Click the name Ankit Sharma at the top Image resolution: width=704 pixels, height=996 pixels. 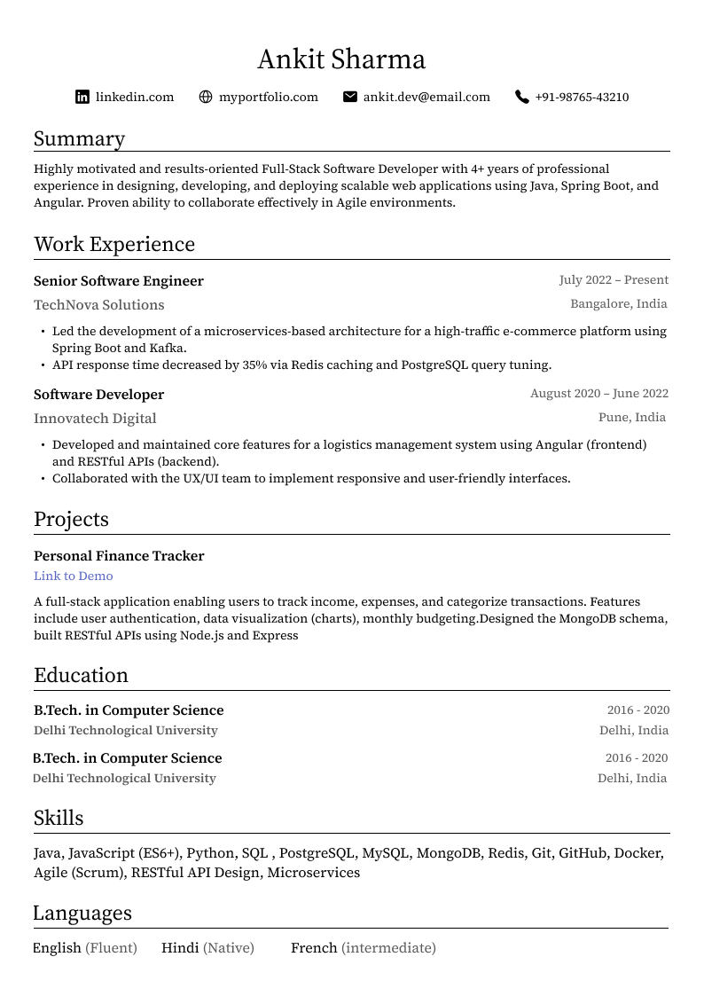pyautogui.click(x=341, y=60)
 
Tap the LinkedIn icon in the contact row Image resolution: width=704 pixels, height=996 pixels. pyautogui.click(x=82, y=97)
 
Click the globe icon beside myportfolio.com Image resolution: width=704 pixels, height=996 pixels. pyautogui.click(x=206, y=97)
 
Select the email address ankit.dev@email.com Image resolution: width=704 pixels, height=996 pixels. pyautogui.click(x=426, y=97)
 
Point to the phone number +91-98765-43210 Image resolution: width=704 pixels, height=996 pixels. pyautogui.click(x=582, y=97)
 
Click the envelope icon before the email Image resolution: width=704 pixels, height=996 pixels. pyautogui.click(x=350, y=97)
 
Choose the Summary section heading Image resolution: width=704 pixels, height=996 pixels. pyautogui.click(x=79, y=139)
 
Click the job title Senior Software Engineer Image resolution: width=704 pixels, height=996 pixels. pyautogui.click(x=119, y=281)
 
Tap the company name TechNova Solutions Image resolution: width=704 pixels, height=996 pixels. pyautogui.click(x=99, y=305)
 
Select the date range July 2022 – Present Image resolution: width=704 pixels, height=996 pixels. pyautogui.click(x=614, y=280)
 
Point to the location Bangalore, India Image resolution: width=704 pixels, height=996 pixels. pyautogui.click(x=619, y=304)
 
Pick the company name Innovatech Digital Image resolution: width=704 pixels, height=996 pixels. pyautogui.click(x=95, y=419)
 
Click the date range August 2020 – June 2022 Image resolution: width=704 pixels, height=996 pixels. pyautogui.click(x=599, y=394)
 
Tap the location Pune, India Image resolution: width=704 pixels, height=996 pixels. pyautogui.click(x=632, y=418)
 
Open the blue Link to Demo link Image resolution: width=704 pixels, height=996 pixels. pyautogui.click(x=74, y=576)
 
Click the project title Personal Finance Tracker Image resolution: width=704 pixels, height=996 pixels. pyautogui.click(x=119, y=556)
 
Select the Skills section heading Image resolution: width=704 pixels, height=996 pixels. pyautogui.click(x=59, y=819)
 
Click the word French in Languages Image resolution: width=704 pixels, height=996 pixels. pyautogui.click(x=314, y=948)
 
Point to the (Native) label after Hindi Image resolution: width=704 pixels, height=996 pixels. pyautogui.click(x=229, y=948)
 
